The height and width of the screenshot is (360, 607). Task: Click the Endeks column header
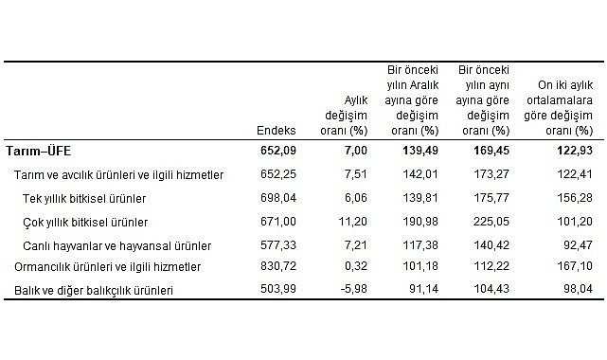(277, 130)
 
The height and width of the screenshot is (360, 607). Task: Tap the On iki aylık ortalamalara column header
(563, 106)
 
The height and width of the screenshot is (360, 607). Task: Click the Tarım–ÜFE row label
(38, 151)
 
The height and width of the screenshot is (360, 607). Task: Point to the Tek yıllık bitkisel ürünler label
(84, 198)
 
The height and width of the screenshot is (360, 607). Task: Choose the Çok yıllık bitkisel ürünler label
(85, 222)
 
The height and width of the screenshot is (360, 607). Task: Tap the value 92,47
(578, 244)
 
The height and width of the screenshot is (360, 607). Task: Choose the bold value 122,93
(574, 151)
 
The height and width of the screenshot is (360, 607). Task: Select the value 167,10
(575, 267)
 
